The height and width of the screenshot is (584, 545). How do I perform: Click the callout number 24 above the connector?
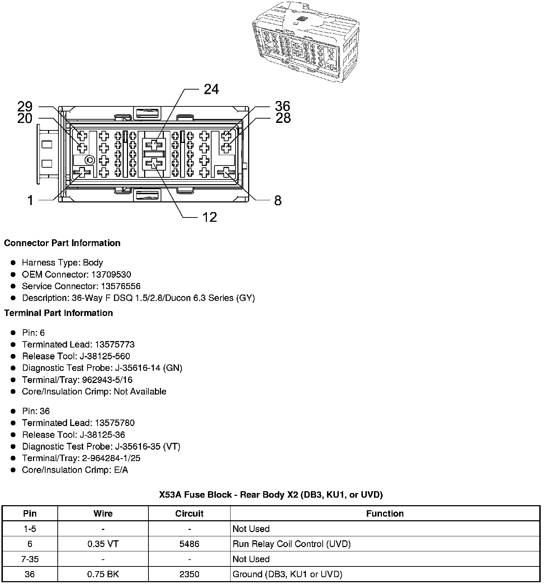point(211,89)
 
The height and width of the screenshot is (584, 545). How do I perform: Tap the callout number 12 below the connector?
point(210,217)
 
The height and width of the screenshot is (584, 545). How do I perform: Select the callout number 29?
point(25,106)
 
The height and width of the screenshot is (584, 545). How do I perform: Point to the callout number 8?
point(278,201)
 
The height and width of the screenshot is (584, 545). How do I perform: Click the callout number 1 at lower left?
point(31,200)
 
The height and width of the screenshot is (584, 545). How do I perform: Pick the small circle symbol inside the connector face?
point(90,160)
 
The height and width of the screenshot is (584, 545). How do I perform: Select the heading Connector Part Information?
point(62,243)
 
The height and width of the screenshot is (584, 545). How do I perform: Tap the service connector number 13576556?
point(120,286)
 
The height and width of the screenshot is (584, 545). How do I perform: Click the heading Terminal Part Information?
point(58,313)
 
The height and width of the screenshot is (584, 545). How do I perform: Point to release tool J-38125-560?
point(112,356)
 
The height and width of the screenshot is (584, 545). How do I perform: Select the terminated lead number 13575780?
point(114,423)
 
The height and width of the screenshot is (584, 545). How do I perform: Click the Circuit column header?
point(189,513)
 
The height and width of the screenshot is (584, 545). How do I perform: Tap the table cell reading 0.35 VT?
point(103,544)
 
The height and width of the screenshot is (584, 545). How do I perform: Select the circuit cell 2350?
point(189,574)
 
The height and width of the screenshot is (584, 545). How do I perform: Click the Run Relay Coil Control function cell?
point(291,544)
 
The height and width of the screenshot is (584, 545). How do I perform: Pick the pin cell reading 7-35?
point(30,559)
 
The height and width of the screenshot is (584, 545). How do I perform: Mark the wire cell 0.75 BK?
point(103,574)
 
